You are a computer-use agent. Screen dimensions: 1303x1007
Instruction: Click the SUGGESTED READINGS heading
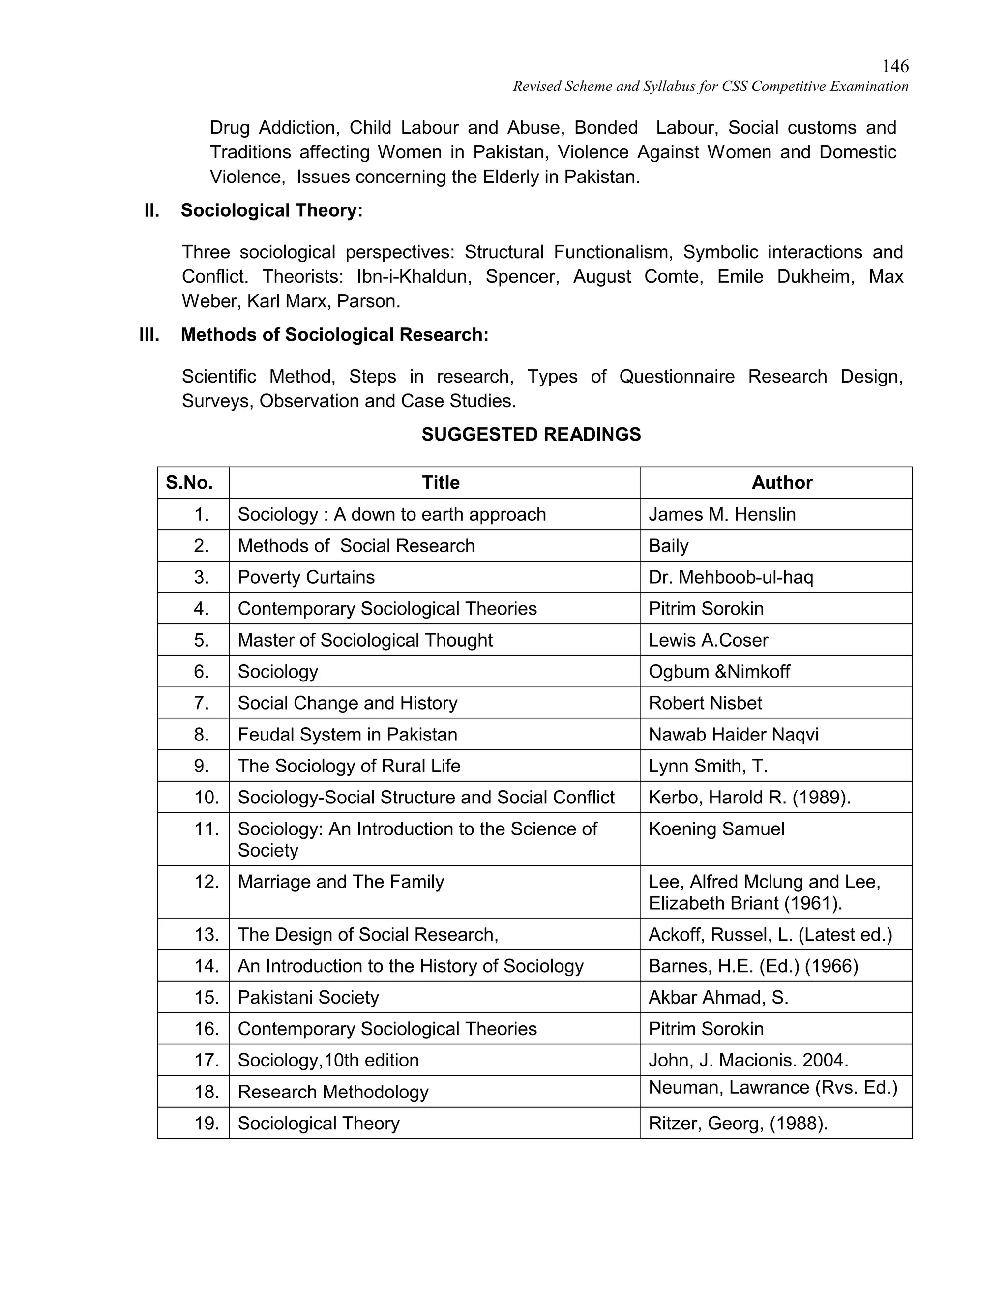click(x=531, y=434)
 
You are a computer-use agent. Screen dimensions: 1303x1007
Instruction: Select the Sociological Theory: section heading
click(x=271, y=210)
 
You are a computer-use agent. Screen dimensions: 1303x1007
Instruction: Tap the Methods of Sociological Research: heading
click(x=334, y=335)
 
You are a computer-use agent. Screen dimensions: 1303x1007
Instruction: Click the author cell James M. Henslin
click(x=722, y=514)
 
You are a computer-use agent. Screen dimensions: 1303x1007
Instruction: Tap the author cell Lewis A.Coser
click(x=708, y=640)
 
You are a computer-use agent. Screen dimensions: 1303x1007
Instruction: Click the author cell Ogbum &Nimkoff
click(x=719, y=672)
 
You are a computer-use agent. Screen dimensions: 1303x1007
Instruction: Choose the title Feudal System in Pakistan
click(x=347, y=735)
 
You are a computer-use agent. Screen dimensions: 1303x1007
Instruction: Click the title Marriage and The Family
click(x=341, y=882)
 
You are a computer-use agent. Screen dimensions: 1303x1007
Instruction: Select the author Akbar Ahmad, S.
click(x=718, y=998)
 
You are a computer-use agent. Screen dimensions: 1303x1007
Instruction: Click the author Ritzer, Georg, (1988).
click(x=738, y=1124)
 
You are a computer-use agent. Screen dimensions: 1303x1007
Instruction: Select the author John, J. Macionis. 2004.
click(x=748, y=1060)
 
